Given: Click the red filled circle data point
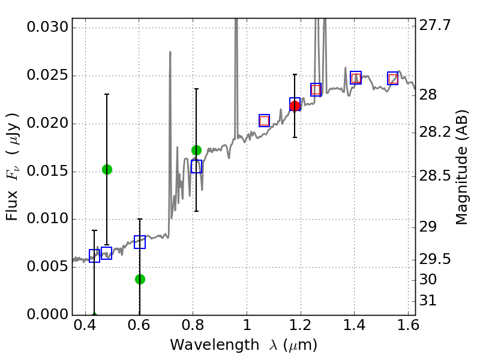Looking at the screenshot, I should point(295,106).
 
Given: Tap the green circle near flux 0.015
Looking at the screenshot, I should point(107,169).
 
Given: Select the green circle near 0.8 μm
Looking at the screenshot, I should point(196,150).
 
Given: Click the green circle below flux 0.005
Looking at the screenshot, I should point(140,279).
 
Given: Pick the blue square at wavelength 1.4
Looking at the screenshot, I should point(356,77).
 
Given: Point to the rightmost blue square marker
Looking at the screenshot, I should point(393,79).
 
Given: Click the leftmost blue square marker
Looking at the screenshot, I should point(94,256).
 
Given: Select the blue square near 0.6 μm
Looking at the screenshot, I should point(140,242).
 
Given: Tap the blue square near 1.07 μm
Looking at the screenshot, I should point(264,121).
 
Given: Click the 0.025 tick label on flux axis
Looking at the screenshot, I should point(48,76).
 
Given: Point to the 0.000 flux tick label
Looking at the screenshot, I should point(48,314).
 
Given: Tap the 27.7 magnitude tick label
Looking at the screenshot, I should point(436,26).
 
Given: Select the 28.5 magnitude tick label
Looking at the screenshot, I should point(436,177).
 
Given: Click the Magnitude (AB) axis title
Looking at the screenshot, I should point(461,167).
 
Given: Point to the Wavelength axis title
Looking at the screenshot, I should point(244,345).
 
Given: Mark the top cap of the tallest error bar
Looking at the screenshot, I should point(107,94).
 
